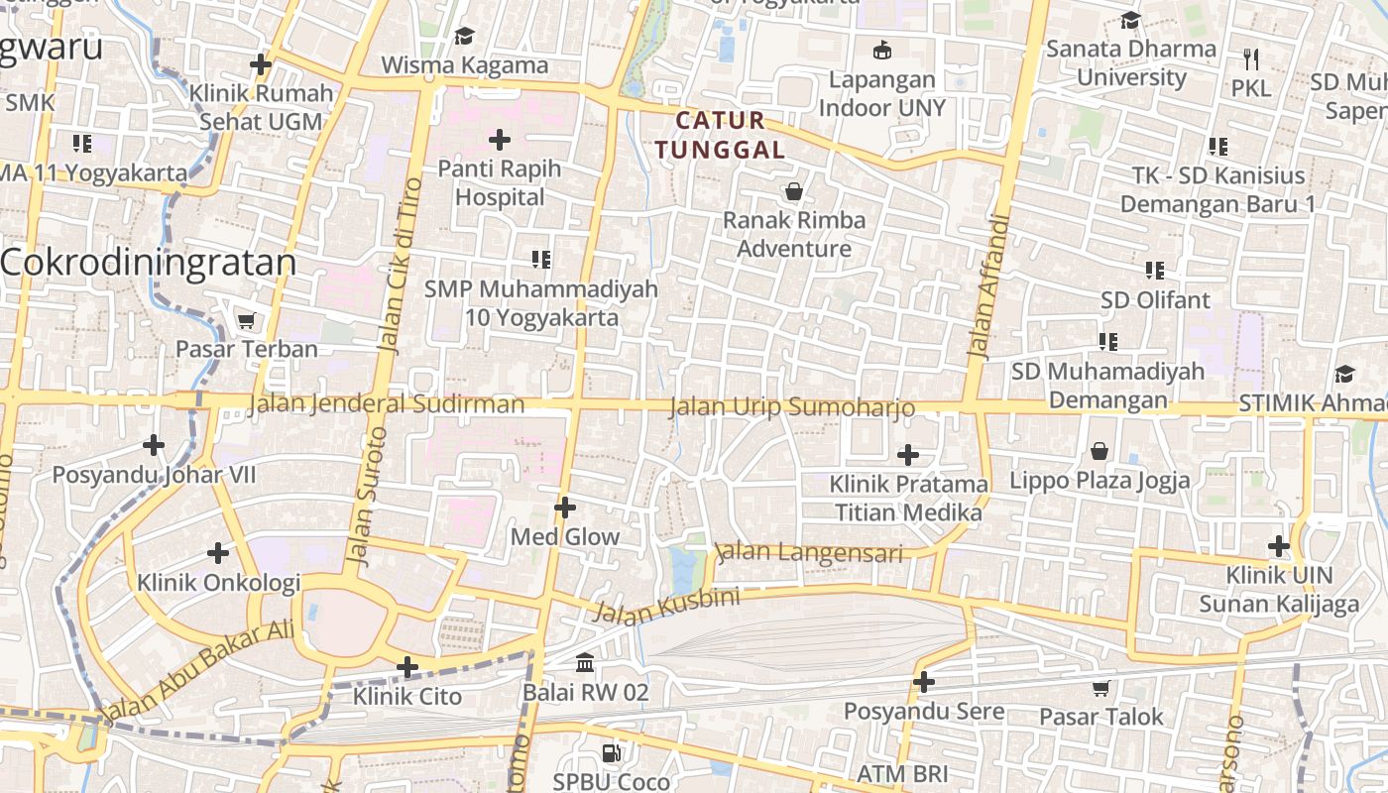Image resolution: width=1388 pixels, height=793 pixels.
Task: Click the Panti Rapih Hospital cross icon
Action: click(500, 139)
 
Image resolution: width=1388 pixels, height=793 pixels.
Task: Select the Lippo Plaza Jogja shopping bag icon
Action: click(1099, 452)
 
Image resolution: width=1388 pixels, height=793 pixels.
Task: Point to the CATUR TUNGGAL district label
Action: click(731, 136)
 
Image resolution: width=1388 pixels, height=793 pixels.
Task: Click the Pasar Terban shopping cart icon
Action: click(246, 320)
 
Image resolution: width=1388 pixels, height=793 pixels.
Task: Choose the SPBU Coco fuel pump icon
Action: click(612, 753)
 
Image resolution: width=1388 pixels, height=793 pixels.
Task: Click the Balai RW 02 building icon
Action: click(585, 662)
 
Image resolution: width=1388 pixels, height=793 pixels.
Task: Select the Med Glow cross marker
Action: click(565, 508)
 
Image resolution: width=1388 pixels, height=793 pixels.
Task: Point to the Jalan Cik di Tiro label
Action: click(399, 266)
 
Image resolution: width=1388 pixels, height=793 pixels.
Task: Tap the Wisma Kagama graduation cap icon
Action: click(464, 37)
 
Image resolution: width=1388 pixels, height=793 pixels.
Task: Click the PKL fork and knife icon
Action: click(1251, 58)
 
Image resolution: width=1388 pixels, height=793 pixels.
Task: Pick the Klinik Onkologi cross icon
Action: click(218, 552)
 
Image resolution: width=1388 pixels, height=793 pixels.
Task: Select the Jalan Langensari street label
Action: click(809, 552)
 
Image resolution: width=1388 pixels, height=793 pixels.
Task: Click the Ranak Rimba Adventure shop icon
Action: click(793, 190)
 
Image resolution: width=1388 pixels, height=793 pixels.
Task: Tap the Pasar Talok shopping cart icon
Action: click(1100, 688)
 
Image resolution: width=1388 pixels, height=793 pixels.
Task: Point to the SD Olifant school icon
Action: click(1154, 270)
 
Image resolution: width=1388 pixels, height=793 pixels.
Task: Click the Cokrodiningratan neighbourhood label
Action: click(149, 263)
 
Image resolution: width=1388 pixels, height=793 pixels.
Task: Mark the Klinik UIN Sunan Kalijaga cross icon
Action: click(1279, 545)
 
